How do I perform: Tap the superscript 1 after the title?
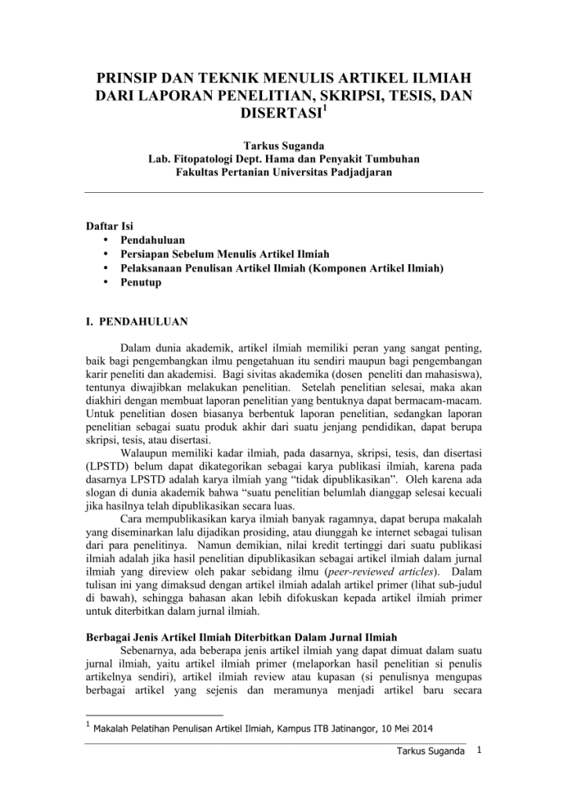(x=325, y=110)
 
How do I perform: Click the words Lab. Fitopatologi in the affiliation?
(x=188, y=158)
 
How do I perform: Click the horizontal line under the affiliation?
(x=283, y=191)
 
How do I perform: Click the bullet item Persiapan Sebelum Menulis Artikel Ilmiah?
(x=224, y=254)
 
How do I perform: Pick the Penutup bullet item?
(x=140, y=282)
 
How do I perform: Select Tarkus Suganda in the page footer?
(x=432, y=754)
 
